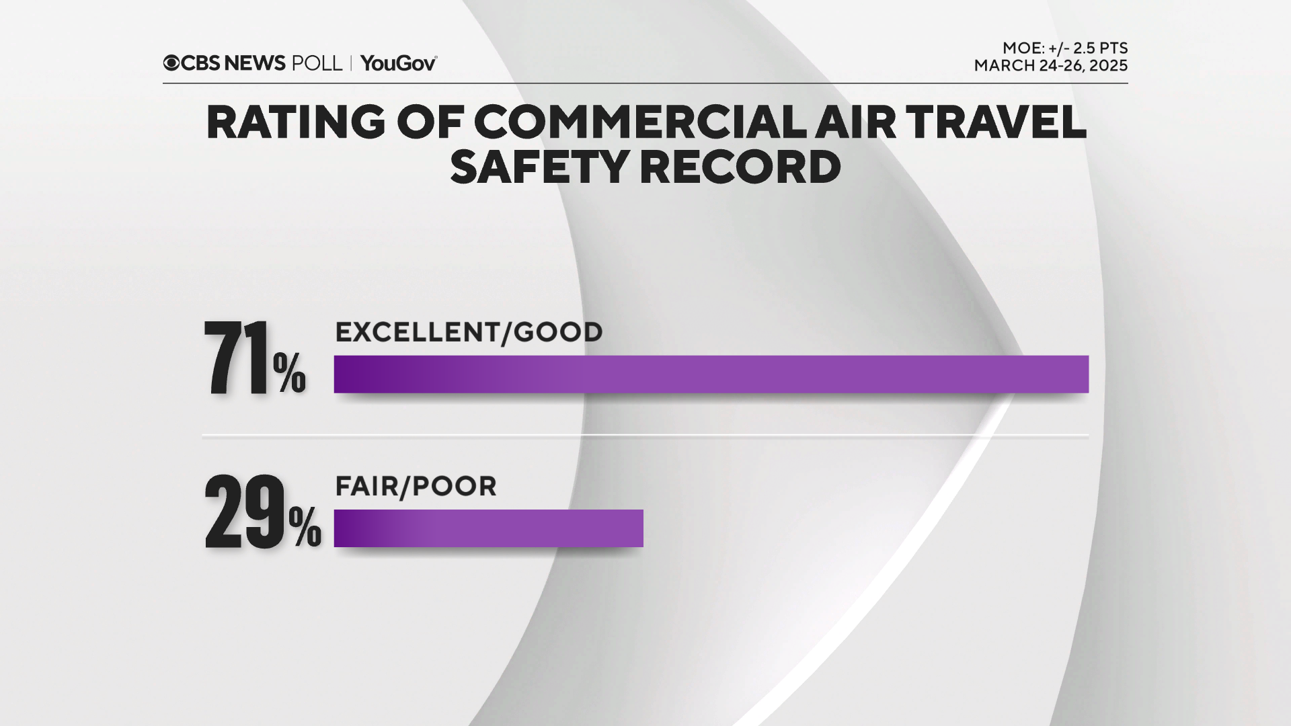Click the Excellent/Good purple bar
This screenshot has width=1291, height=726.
point(711,374)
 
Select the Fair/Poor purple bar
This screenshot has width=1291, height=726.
point(488,528)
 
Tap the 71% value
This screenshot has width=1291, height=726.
point(254,359)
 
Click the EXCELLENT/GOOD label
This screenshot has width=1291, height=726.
point(469,332)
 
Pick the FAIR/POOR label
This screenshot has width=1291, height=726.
point(416,486)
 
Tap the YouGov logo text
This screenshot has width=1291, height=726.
point(399,63)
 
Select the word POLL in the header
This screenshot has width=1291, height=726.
point(317,63)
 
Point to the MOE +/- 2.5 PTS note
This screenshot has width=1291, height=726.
point(1065,48)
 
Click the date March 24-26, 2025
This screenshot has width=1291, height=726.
point(1051,66)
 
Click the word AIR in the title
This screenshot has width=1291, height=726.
point(852,122)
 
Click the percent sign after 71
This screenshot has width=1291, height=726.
point(289,374)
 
